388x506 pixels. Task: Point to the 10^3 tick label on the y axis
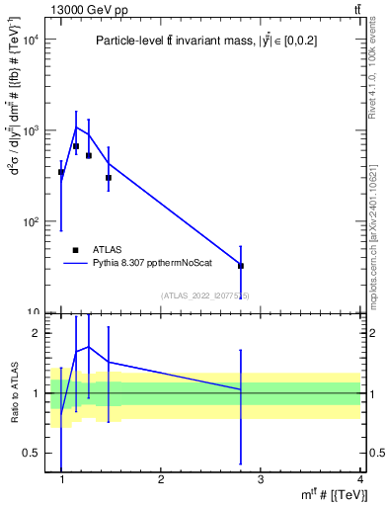tap(29, 130)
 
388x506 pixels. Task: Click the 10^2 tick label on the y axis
tap(29, 221)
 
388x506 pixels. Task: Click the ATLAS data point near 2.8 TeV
tap(241, 266)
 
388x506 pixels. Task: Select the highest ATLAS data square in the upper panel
tap(76, 146)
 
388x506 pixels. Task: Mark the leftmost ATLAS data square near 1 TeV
tap(61, 172)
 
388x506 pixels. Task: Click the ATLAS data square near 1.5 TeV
tap(109, 178)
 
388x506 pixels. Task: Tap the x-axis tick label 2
tap(161, 479)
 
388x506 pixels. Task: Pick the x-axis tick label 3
tap(261, 479)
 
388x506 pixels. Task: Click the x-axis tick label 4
tap(359, 479)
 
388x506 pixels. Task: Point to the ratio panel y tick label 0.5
tap(32, 453)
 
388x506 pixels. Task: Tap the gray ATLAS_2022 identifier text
tap(205, 295)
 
